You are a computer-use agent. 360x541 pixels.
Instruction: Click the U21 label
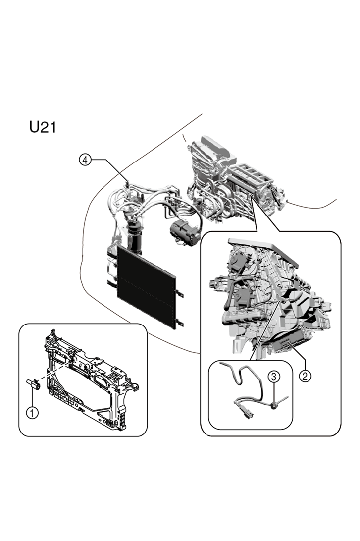(x=43, y=127)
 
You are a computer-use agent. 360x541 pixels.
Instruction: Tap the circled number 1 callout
(x=32, y=412)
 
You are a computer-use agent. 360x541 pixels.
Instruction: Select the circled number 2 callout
(x=305, y=375)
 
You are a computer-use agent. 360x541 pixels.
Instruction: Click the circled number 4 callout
(x=86, y=160)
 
